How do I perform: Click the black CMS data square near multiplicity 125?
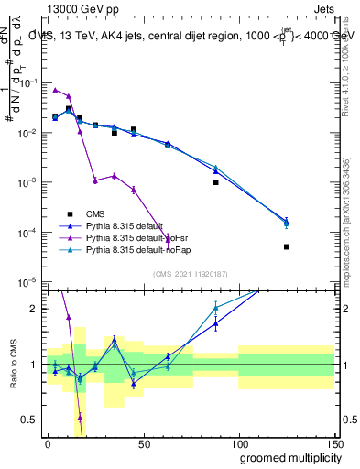click(287, 246)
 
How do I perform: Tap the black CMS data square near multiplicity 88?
click(216, 182)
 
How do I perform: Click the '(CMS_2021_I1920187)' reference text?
click(190, 274)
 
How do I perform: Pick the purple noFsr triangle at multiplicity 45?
click(134, 190)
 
